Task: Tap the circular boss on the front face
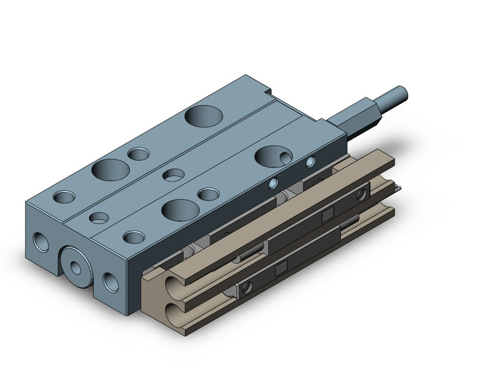coord(79,266)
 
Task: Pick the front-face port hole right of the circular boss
coord(111,281)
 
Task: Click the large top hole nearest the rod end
coord(203,117)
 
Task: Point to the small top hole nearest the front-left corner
coord(64,196)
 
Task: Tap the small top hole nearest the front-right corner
coord(133,237)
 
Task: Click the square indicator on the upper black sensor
coord(325,213)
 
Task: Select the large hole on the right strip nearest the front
coord(179,208)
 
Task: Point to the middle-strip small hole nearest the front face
coord(98,218)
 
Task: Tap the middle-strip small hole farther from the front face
coord(171,175)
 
